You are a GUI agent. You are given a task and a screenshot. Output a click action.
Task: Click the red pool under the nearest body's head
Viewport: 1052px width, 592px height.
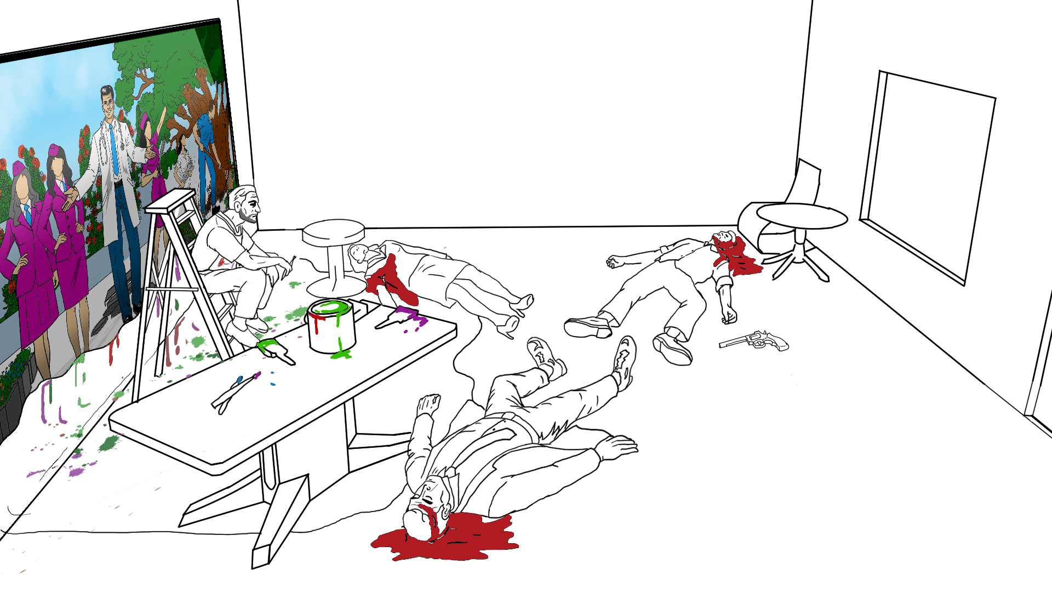pos(445,540)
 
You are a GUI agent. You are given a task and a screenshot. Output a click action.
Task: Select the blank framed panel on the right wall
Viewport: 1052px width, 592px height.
pos(928,175)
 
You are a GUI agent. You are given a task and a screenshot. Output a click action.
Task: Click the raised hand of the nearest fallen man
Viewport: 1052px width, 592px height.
pos(428,405)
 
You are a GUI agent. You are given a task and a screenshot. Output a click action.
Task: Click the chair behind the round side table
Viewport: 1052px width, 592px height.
pos(789,203)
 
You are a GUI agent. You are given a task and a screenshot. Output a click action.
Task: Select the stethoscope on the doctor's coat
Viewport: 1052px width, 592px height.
pos(102,151)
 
